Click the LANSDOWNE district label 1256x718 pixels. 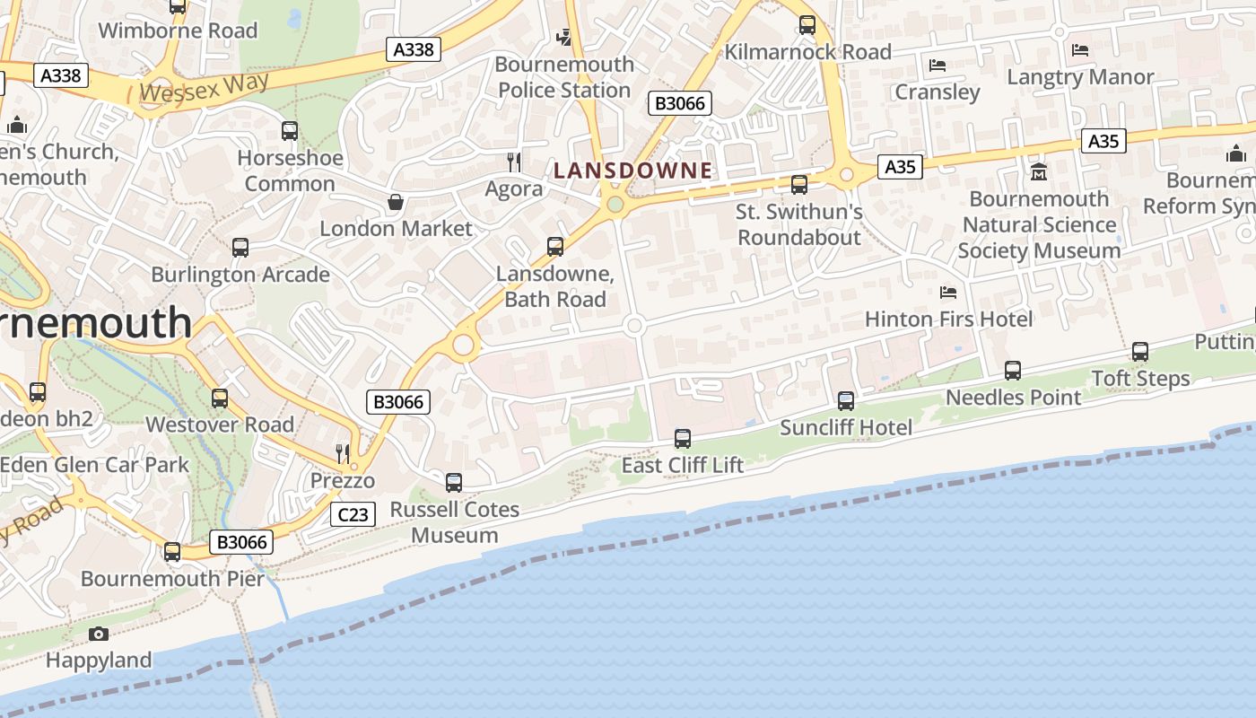click(x=632, y=171)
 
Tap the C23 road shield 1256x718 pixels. click(x=353, y=514)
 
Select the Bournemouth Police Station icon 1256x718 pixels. click(x=563, y=37)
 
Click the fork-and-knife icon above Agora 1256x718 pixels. click(x=514, y=162)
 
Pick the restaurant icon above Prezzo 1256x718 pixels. click(x=342, y=454)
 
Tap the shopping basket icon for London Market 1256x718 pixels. click(x=395, y=202)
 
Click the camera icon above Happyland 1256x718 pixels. click(x=99, y=635)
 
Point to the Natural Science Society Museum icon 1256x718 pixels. click(x=1039, y=171)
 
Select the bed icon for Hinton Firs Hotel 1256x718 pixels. click(x=947, y=292)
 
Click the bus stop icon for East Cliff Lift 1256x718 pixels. click(x=683, y=439)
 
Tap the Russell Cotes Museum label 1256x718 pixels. click(x=455, y=522)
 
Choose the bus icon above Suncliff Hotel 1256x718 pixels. click(x=846, y=401)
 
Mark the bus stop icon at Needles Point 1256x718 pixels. click(x=1013, y=370)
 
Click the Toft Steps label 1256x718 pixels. click(x=1140, y=378)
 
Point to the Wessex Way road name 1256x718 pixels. click(x=205, y=88)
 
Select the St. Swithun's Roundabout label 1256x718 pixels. click(x=799, y=224)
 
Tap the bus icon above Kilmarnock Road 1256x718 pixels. click(x=807, y=25)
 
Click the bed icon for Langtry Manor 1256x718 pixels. click(x=1080, y=50)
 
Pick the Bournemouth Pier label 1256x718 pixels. click(x=173, y=578)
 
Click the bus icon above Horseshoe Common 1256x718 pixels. click(x=290, y=131)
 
